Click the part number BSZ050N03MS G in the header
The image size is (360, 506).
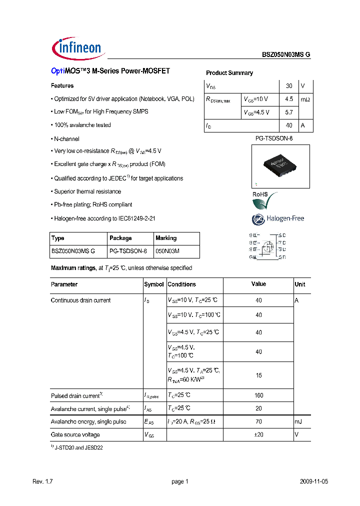[x=286, y=55]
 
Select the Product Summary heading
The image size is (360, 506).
[x=229, y=73]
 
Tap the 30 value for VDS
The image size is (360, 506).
[x=289, y=86]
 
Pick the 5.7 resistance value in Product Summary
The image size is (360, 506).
[x=289, y=112]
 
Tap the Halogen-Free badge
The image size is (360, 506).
[x=277, y=218]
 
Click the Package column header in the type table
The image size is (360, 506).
[x=120, y=238]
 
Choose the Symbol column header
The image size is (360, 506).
[x=154, y=284]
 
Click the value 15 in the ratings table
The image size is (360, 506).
[x=258, y=375]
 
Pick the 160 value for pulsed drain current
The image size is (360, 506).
[x=258, y=395]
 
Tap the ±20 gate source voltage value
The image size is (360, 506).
[x=258, y=435]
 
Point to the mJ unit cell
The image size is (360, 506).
[x=298, y=422]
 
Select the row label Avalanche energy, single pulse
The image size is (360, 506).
[x=88, y=422]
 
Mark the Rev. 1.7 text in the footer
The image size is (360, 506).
[x=42, y=481]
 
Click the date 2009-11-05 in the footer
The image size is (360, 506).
[x=314, y=481]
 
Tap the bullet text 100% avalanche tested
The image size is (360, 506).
[x=82, y=125]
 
